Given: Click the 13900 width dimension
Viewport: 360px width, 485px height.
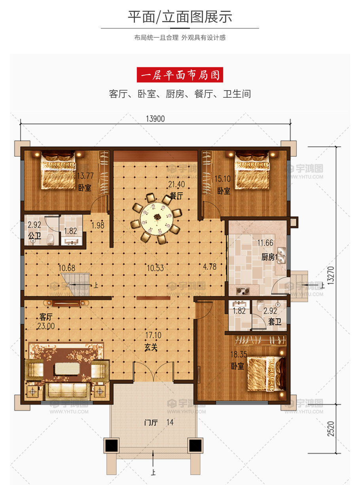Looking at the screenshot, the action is pos(155,119).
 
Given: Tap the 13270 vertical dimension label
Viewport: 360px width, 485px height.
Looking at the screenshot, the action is pos(331,275).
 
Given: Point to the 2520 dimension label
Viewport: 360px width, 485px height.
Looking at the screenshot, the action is pos(331,428).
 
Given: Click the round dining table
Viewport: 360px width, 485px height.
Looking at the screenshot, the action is pos(157,218).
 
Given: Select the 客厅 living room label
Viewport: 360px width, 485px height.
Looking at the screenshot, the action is pos(46,316).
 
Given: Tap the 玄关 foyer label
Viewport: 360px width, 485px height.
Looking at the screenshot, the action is pos(151,347).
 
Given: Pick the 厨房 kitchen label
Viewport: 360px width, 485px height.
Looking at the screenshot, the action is pos(268,257).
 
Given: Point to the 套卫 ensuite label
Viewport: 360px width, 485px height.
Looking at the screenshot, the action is pos(275,322).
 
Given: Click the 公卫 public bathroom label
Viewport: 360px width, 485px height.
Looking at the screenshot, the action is pos(34,236).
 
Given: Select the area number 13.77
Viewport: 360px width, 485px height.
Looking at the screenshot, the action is pos(85,176).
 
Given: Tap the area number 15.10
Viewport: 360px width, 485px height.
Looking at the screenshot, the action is pos(223,179).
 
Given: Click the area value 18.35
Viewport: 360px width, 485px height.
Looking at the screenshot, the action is pos(239,354).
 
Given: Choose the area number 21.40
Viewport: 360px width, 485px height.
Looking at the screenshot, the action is pos(176,184).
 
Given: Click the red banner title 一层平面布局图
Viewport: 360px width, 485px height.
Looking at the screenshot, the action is pos(180,75).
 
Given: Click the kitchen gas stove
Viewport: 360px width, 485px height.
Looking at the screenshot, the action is pos(243,291).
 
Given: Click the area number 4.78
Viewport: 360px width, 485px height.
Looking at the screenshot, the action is pos(210,267).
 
